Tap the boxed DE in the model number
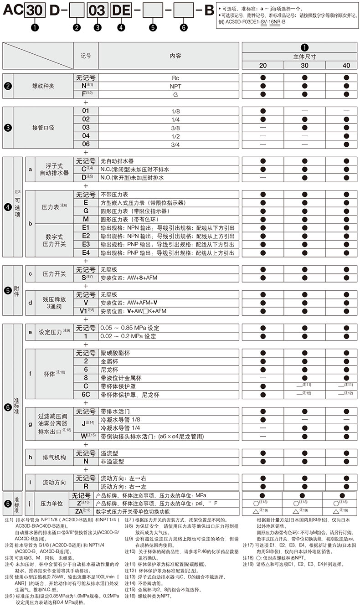(x=120, y=10)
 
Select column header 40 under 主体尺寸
(x=346, y=66)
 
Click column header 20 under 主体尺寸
(x=263, y=66)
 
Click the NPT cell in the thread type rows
(x=175, y=86)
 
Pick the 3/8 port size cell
(x=175, y=128)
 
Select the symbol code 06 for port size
(x=85, y=144)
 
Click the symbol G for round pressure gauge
(x=85, y=211)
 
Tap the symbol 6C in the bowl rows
(x=85, y=395)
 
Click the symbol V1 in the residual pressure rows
(x=85, y=311)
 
